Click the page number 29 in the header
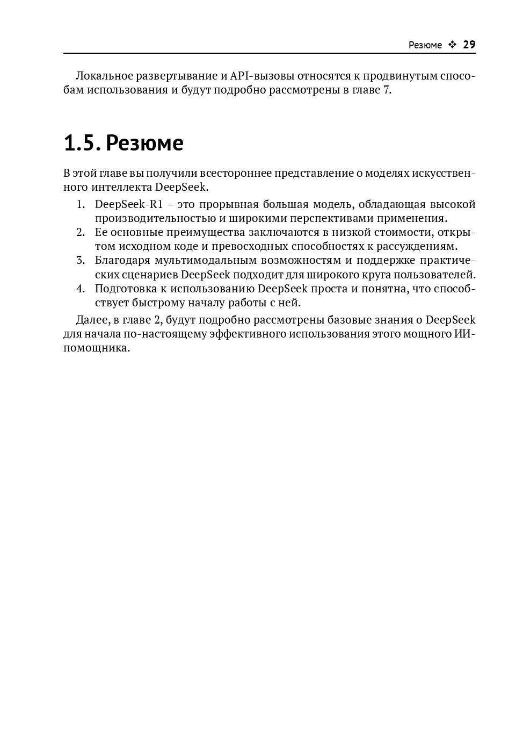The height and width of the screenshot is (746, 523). click(x=469, y=45)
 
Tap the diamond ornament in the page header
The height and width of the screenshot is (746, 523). click(x=452, y=45)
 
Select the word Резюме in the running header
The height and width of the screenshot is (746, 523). click(x=425, y=45)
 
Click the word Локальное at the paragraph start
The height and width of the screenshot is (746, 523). click(x=104, y=76)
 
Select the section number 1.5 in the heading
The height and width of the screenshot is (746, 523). click(x=81, y=143)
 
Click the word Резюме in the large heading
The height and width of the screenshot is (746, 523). click(x=144, y=143)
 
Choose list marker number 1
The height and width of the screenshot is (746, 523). click(x=81, y=205)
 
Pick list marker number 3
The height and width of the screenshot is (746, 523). click(x=81, y=261)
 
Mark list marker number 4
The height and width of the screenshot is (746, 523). click(x=81, y=289)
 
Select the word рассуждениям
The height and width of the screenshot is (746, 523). click(x=419, y=247)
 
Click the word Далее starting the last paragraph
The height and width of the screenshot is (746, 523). click(x=92, y=320)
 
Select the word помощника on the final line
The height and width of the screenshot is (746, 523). click(x=97, y=348)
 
